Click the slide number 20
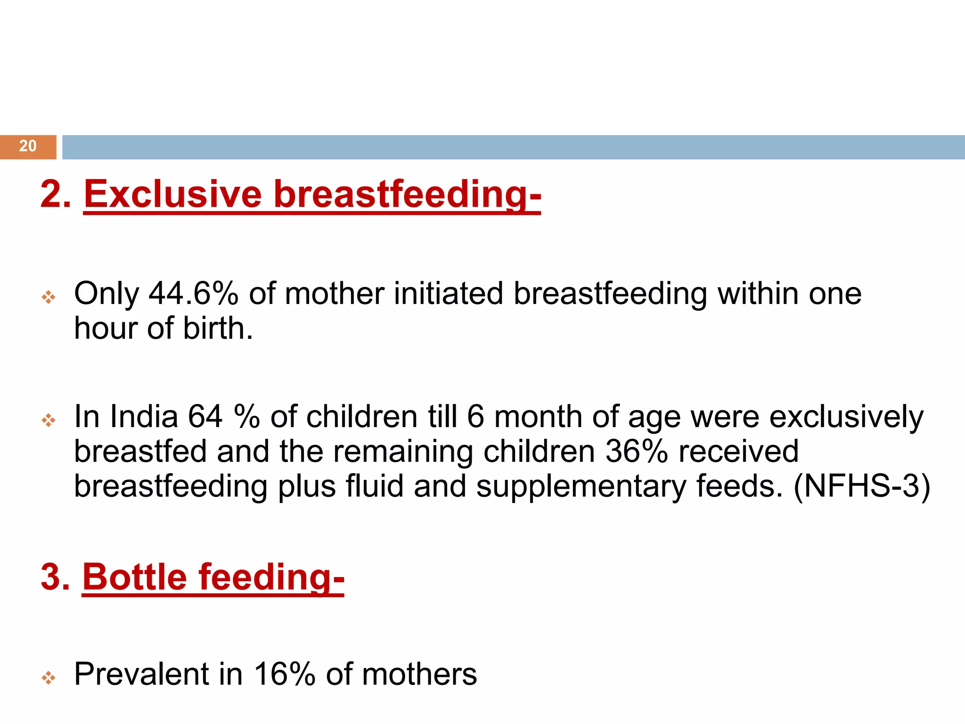point(28,146)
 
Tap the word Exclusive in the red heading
point(172,194)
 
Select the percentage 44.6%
point(193,294)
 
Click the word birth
point(218,329)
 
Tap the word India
point(144,417)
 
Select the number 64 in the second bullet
point(205,417)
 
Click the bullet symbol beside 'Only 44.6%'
point(49,297)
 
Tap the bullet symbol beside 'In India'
point(49,420)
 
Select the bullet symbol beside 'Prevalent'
point(49,678)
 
